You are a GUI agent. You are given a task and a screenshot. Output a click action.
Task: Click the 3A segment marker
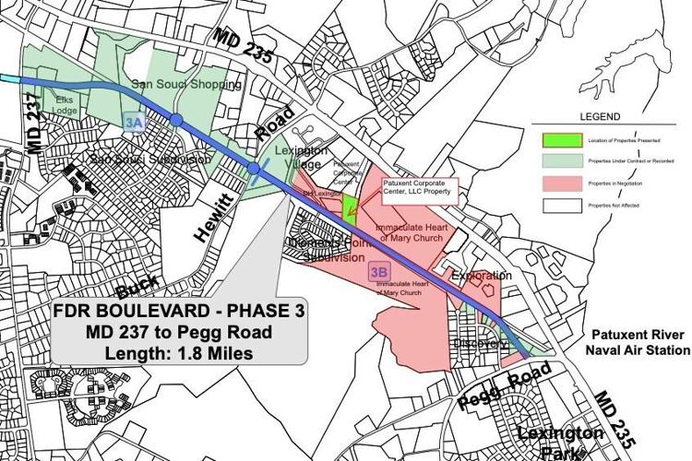click(134, 121)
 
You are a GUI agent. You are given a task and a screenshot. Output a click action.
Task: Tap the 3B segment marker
click(377, 271)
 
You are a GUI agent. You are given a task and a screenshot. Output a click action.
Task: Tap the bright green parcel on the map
click(350, 207)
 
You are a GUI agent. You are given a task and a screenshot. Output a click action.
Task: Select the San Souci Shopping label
click(185, 85)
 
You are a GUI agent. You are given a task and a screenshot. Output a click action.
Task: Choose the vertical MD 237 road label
click(34, 125)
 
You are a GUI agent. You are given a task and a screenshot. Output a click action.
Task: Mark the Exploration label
click(481, 276)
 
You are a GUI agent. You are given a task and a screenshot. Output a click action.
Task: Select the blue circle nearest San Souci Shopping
click(175, 119)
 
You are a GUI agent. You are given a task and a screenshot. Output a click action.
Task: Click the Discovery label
click(480, 344)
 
